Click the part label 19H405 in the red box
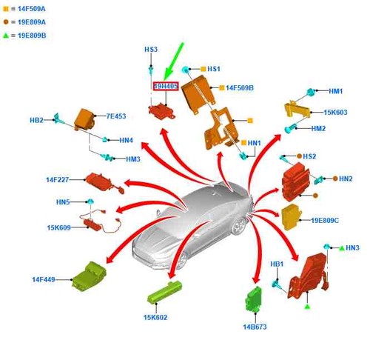pos(166,87)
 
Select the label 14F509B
pos(240,88)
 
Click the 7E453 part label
pos(116,116)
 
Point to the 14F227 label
pos(57,180)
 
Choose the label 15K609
pos(58,227)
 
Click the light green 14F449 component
pos(89,275)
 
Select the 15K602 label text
pos(155,318)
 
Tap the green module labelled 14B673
pos(253,299)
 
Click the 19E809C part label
pos(325,220)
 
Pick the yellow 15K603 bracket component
pos(297,110)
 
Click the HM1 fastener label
pos(336,91)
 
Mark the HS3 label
pos(151,50)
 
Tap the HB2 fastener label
pos(36,120)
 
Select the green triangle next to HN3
pos(342,248)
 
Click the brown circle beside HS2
pos(299,156)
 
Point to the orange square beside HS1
pos(203,69)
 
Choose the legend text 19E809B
pos(32,36)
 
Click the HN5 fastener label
pos(63,202)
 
